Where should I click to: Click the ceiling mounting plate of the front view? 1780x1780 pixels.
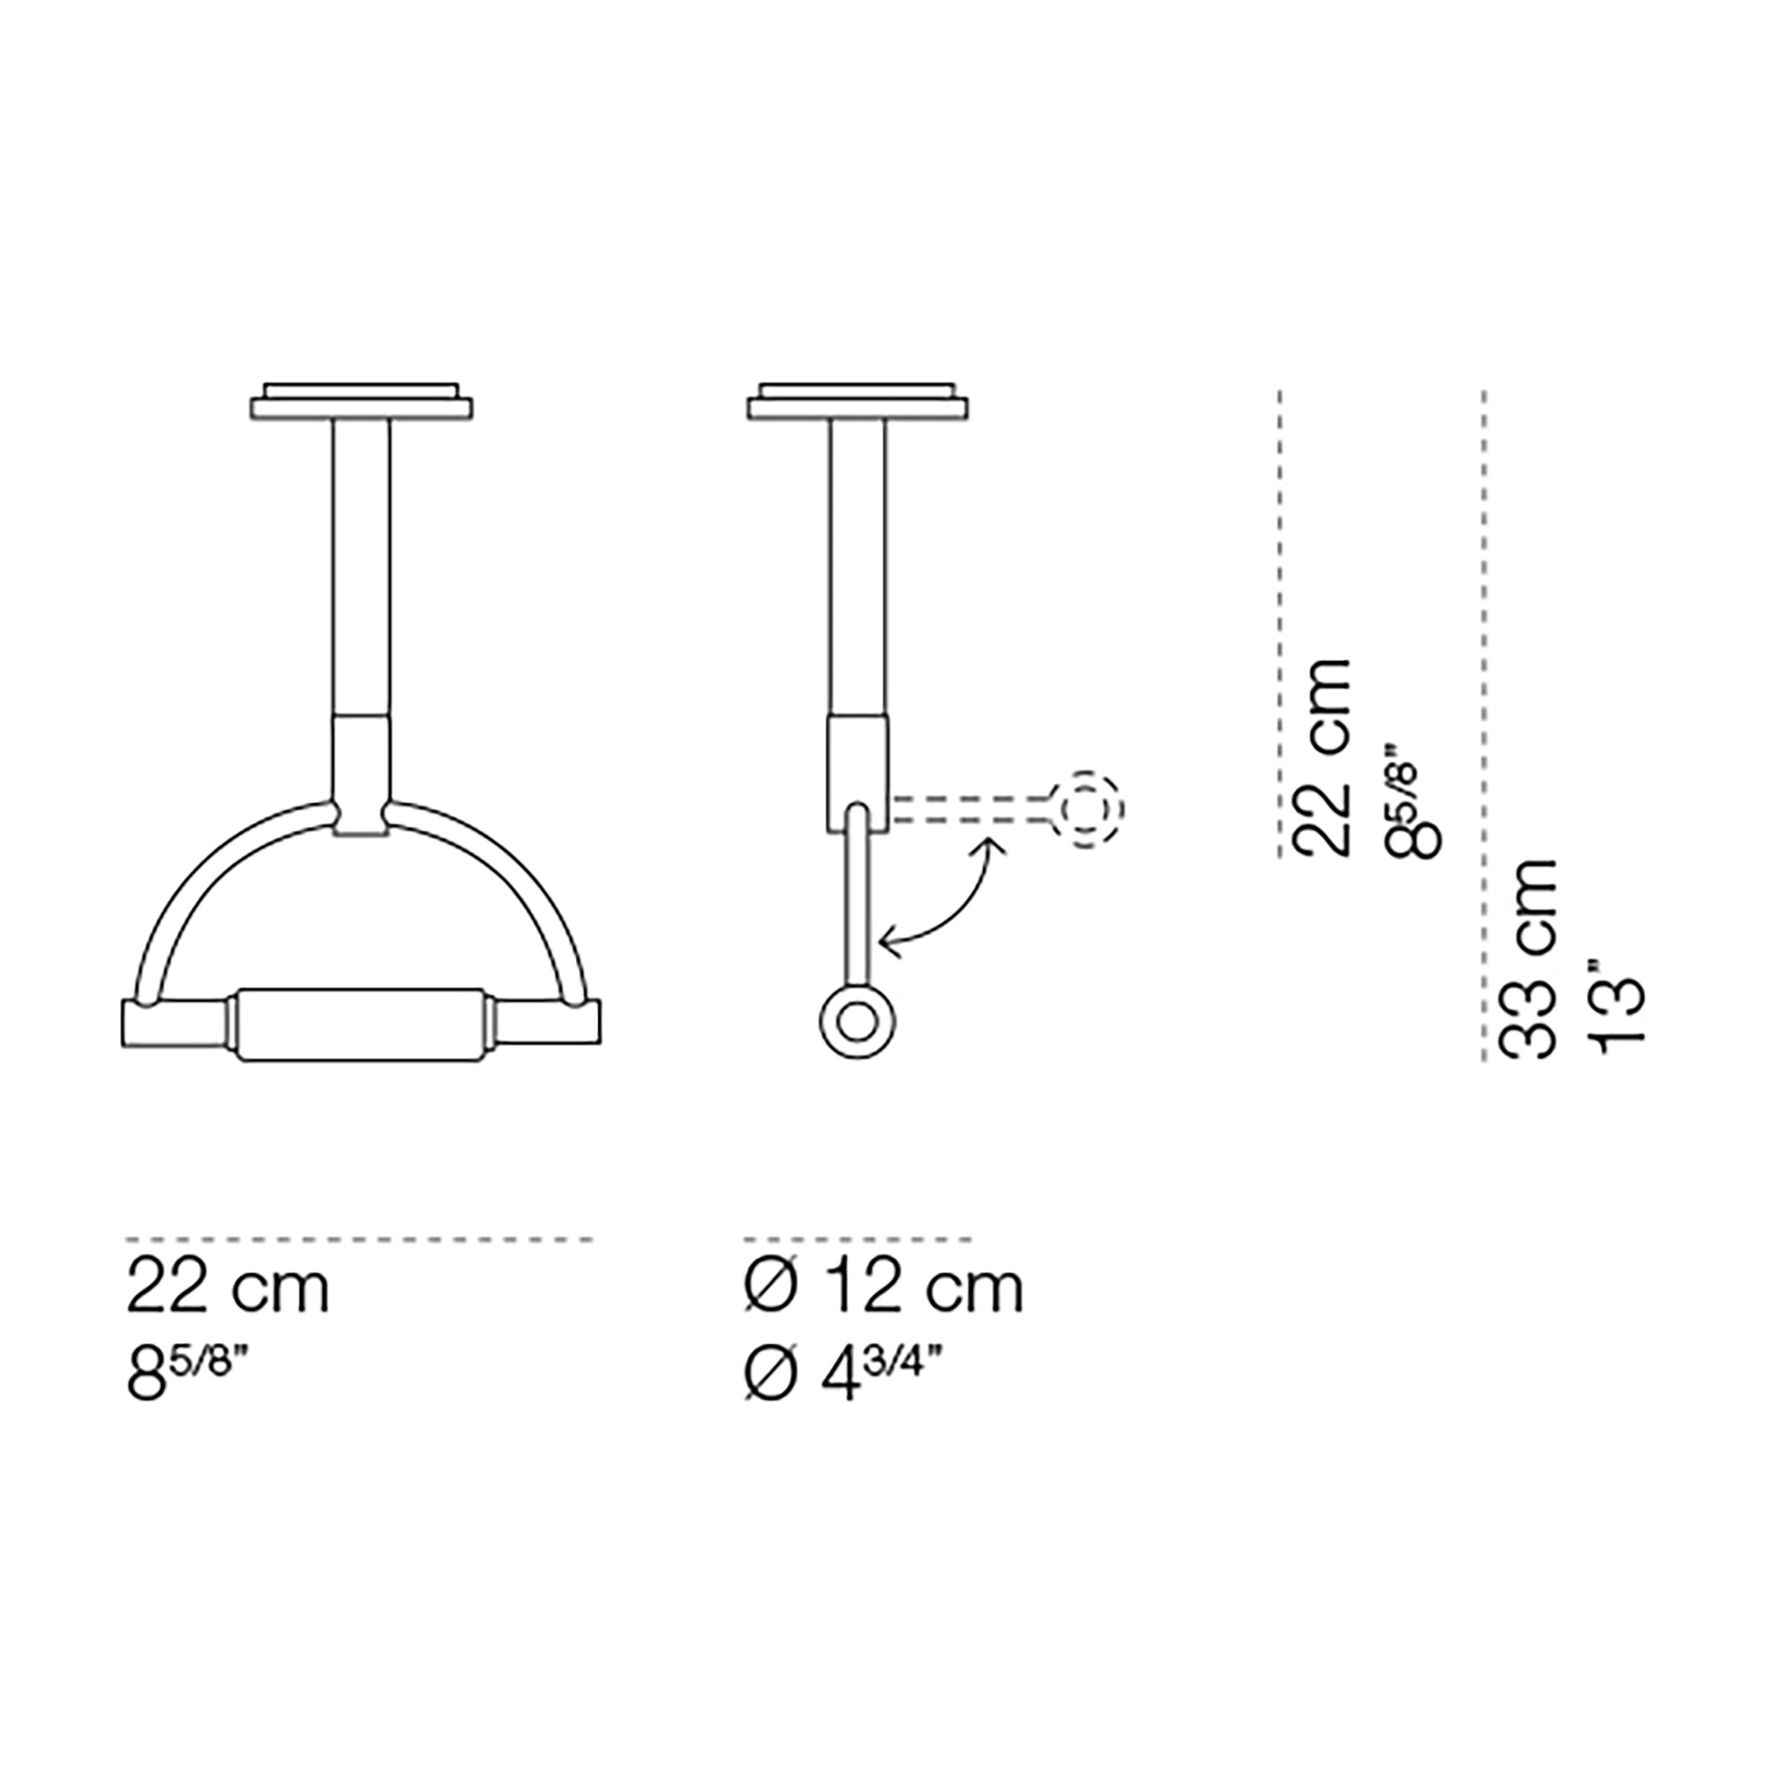click(361, 403)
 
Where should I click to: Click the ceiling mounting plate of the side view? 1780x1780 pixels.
click(859, 403)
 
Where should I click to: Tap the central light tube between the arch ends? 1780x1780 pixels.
click(360, 1025)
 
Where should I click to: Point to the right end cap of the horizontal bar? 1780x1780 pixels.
click(549, 1025)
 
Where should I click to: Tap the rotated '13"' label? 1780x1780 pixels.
click(1617, 1009)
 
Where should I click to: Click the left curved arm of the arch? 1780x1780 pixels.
click(202, 885)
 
